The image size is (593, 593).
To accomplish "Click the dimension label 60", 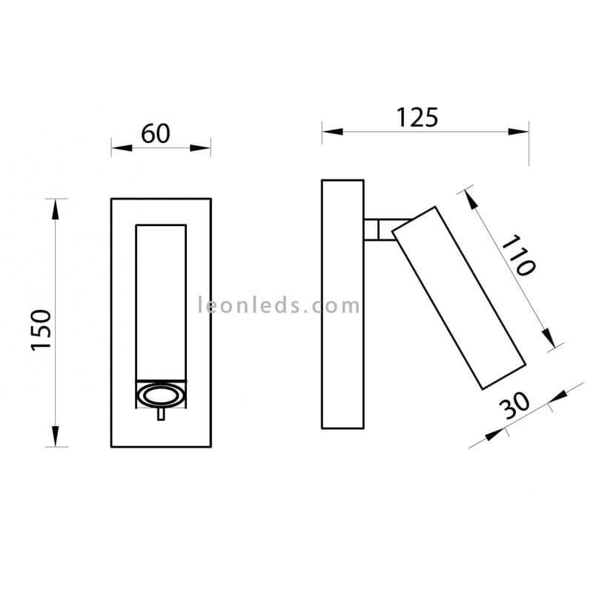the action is (x=156, y=133).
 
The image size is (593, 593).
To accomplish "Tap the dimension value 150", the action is (x=42, y=330).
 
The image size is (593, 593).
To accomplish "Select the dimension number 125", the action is (x=417, y=117).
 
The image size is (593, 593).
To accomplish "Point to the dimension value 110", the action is (x=518, y=254).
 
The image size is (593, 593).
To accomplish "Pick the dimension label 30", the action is (x=514, y=405).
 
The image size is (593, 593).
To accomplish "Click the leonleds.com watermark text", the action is (x=279, y=305).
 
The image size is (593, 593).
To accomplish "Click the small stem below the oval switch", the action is (x=161, y=414).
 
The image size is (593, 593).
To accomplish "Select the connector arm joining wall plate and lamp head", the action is (x=385, y=229).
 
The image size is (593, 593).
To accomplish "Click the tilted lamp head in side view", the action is (x=459, y=298).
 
